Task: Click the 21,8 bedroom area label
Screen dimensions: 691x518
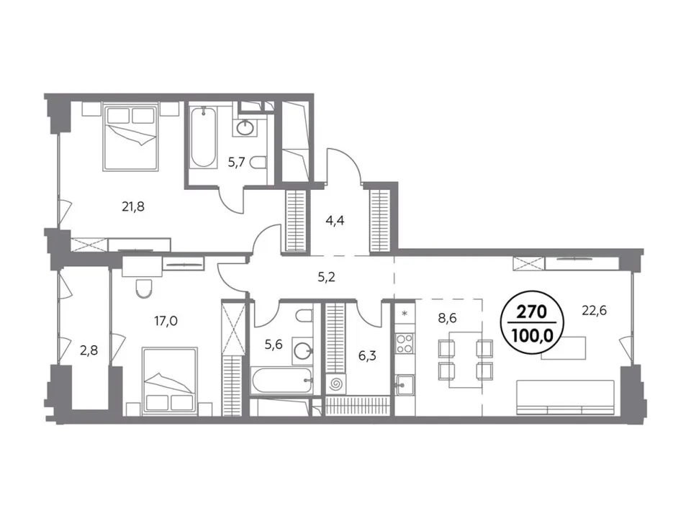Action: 133,206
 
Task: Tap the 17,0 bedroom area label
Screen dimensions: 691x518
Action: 166,321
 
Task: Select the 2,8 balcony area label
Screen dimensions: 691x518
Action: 89,350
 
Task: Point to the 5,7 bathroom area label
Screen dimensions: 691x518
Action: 237,163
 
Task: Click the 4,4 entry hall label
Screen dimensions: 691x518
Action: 335,221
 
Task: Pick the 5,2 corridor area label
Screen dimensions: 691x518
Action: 327,277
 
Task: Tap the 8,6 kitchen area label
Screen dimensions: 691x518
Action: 447,318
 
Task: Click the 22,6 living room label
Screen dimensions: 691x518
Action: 595,311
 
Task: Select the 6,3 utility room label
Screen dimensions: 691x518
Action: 367,355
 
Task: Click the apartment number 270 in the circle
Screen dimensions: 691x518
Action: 531,312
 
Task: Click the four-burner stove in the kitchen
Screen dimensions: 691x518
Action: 405,344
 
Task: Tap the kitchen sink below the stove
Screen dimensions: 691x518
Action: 405,385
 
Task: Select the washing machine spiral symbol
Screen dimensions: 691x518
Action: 336,384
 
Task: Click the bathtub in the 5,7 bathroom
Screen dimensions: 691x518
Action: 204,137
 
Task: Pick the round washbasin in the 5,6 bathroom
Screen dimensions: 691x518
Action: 303,351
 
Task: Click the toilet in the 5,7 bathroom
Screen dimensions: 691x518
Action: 258,163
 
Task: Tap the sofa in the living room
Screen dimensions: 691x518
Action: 566,397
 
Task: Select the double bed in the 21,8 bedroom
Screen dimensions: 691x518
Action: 130,137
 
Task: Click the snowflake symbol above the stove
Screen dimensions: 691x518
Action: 405,314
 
